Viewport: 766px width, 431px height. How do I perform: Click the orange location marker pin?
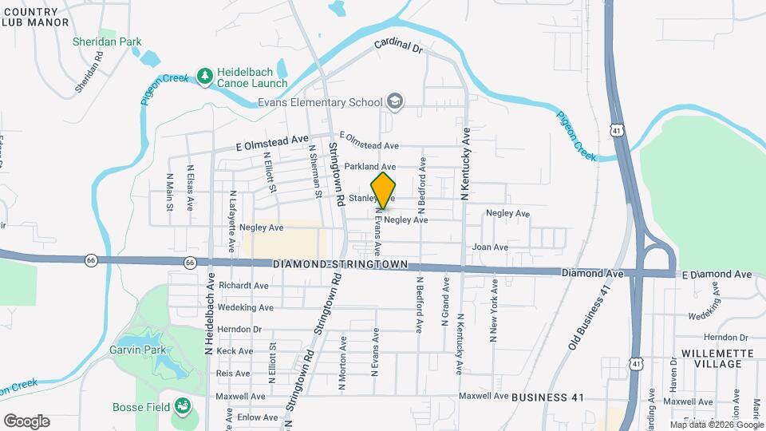click(384, 190)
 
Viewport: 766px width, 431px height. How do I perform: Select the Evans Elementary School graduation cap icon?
click(394, 101)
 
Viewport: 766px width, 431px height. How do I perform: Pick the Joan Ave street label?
click(490, 247)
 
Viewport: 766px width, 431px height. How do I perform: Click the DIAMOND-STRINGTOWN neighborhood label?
click(340, 264)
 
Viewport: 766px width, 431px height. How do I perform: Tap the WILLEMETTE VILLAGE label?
click(713, 358)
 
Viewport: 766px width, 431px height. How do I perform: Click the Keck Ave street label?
click(235, 350)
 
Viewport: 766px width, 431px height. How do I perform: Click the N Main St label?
click(170, 192)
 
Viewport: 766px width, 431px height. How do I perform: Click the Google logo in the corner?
click(26, 421)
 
